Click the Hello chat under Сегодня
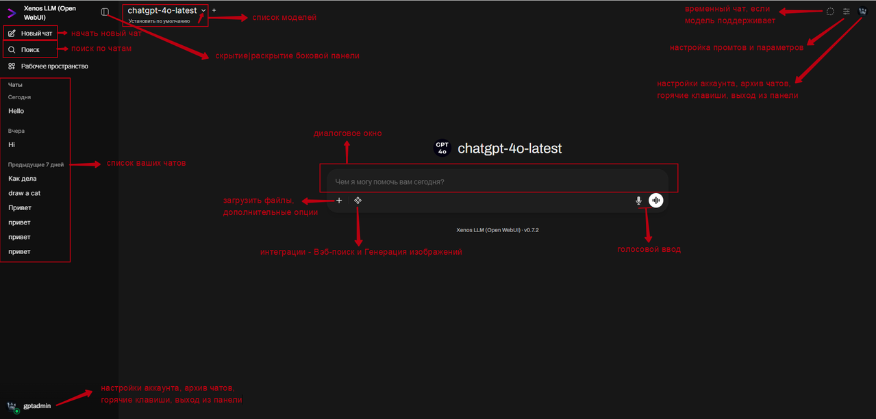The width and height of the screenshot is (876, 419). pyautogui.click(x=16, y=111)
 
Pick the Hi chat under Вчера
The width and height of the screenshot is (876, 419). pyautogui.click(x=12, y=144)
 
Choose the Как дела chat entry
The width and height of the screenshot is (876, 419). pyautogui.click(x=23, y=179)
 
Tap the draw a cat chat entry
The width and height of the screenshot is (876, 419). pyautogui.click(x=25, y=193)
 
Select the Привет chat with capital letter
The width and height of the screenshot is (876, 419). pyautogui.click(x=20, y=207)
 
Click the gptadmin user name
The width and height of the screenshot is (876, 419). pyautogui.click(x=37, y=405)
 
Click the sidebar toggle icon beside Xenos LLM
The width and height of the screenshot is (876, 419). pyautogui.click(x=105, y=12)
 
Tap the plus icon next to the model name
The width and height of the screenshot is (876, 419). pyautogui.click(x=214, y=10)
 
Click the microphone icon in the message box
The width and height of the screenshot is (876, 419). pyautogui.click(x=638, y=201)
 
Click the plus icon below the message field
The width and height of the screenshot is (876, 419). pyautogui.click(x=339, y=201)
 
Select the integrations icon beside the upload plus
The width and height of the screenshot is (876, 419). pyautogui.click(x=358, y=201)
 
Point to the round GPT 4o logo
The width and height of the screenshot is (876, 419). pyautogui.click(x=442, y=148)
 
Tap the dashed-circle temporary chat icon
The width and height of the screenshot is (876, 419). pyautogui.click(x=830, y=12)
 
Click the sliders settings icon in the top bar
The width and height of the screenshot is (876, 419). pyautogui.click(x=847, y=12)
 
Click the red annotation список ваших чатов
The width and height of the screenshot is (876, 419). pyautogui.click(x=146, y=163)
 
